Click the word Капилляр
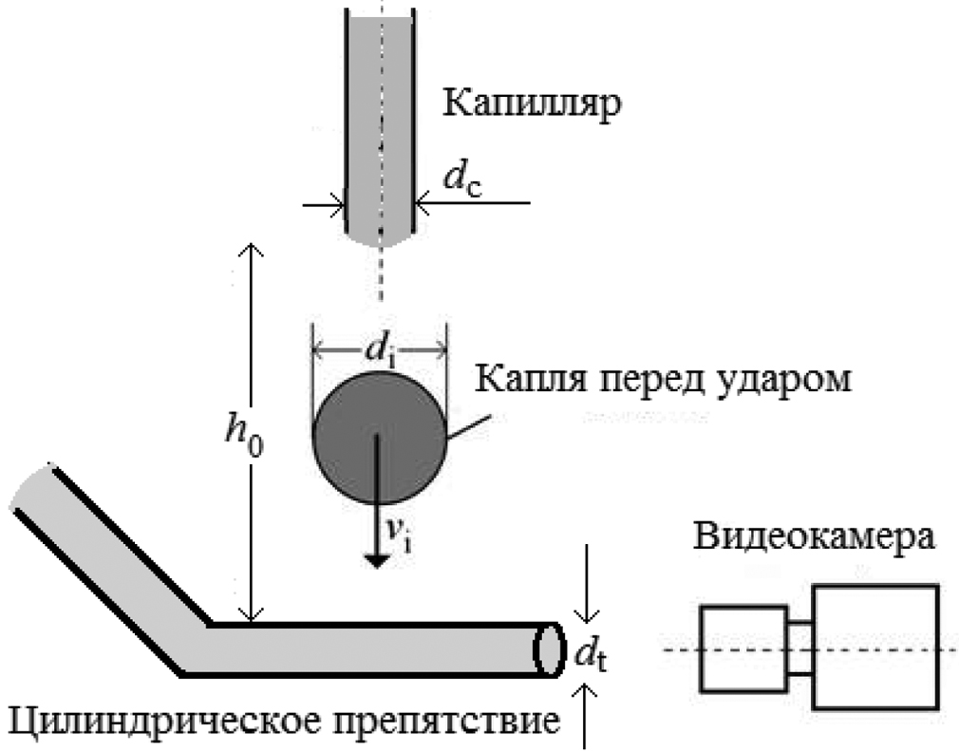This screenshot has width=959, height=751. pos(532,103)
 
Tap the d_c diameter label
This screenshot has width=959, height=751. pos(462,179)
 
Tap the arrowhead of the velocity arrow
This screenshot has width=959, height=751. pos(377,559)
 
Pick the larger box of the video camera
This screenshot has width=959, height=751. pos(876,647)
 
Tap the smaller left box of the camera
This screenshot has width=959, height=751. pos(743,648)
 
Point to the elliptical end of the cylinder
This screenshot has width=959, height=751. pos(547,649)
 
